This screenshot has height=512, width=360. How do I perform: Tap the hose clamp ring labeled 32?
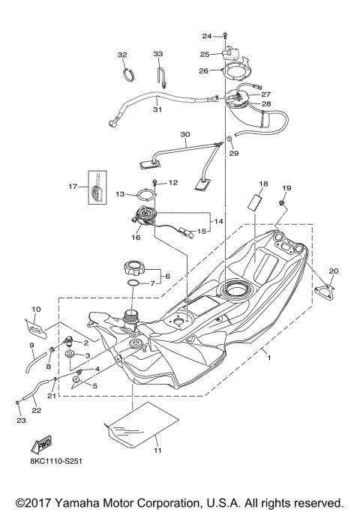click(x=128, y=73)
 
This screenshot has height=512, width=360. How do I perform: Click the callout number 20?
click(x=334, y=271)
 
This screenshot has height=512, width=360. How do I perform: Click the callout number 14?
click(x=219, y=222)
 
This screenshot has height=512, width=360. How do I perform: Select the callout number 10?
click(x=35, y=309)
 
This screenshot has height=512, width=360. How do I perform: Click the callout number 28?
click(x=266, y=103)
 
